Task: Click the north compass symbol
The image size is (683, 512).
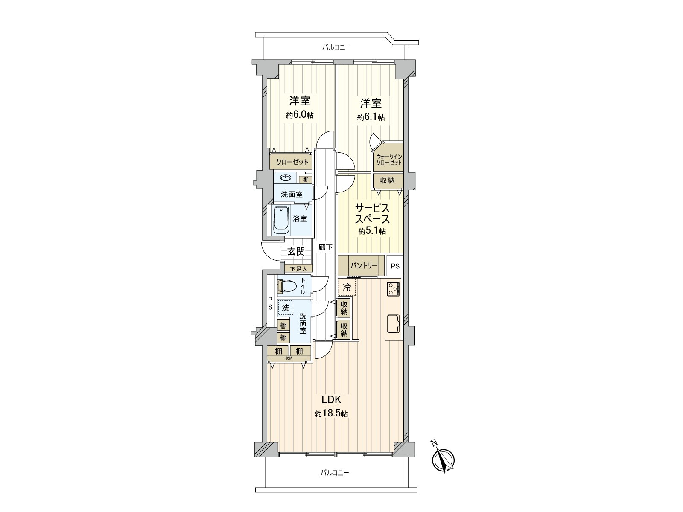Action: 444,460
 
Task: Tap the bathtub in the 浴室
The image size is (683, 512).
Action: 280,220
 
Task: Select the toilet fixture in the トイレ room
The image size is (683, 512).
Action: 287,287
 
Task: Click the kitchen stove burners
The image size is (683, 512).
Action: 394,288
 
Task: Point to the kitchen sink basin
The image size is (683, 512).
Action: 393,323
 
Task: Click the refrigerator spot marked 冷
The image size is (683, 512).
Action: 347,287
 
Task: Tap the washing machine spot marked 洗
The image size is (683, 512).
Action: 285,307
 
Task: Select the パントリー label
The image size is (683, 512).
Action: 364,265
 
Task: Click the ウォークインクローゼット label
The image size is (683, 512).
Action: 388,159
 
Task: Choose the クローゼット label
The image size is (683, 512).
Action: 292,162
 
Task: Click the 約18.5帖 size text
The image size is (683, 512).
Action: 331,414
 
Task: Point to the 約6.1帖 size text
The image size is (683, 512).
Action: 371,117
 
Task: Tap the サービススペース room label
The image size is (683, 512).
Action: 372,214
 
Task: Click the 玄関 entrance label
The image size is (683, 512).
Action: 296,251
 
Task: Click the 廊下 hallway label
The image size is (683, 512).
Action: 325,247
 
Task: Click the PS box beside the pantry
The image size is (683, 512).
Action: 395,266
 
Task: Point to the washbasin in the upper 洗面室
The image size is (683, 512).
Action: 285,177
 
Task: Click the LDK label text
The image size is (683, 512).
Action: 331,399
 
